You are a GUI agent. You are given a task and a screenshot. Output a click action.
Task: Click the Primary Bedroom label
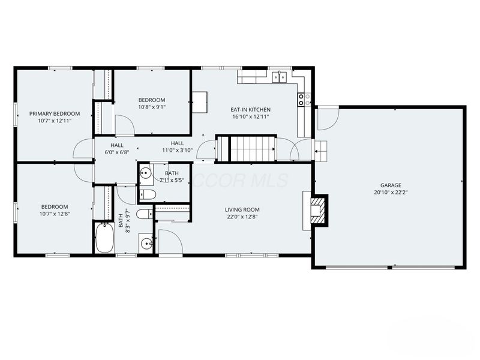click(x=55, y=113)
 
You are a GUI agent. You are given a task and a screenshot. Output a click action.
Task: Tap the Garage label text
click(x=391, y=185)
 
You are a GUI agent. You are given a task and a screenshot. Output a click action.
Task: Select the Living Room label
click(x=242, y=209)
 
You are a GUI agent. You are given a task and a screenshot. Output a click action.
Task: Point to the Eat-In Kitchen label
click(x=251, y=110)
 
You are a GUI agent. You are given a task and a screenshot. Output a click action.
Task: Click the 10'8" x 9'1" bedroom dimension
click(x=152, y=107)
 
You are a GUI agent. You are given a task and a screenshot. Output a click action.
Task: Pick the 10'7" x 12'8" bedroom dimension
click(x=55, y=214)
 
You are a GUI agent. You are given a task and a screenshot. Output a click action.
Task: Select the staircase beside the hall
click(x=253, y=148)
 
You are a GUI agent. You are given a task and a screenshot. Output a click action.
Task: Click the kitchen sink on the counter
click(x=278, y=76)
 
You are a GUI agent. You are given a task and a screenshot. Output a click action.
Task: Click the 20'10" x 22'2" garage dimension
click(x=391, y=193)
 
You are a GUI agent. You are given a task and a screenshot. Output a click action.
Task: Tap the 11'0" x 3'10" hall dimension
click(x=177, y=150)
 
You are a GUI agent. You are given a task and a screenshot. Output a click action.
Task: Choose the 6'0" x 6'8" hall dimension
click(x=118, y=152)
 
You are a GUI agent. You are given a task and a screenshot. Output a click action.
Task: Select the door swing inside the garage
click(x=328, y=118)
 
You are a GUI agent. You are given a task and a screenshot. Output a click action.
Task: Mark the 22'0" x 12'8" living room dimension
click(x=242, y=217)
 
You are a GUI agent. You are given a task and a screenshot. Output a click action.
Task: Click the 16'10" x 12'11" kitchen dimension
click(x=251, y=117)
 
